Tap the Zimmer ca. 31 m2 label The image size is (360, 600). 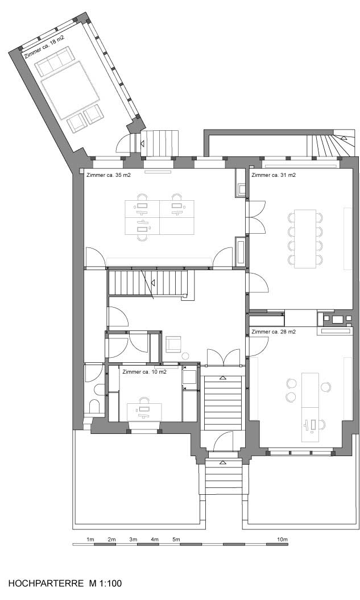(274, 175)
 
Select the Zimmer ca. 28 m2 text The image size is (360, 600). (274, 332)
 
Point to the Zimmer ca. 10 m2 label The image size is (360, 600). (144, 371)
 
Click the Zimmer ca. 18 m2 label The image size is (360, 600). (44, 47)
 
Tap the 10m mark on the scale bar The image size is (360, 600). (282, 540)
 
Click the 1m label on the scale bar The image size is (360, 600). (90, 540)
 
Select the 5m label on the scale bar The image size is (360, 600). (176, 540)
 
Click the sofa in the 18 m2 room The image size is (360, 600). (55, 61)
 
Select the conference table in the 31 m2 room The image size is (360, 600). (305, 238)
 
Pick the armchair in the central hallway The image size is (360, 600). (173, 344)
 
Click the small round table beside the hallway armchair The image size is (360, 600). (185, 356)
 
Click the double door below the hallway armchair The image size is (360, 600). (224, 357)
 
